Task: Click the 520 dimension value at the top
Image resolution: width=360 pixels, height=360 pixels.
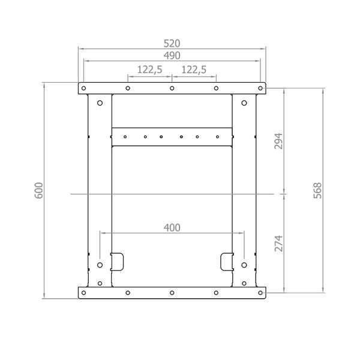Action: click(172, 43)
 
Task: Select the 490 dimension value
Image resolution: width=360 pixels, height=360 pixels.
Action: click(172, 56)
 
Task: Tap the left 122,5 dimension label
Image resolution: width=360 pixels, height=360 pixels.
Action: click(149, 70)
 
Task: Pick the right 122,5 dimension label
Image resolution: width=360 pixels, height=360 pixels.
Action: click(194, 70)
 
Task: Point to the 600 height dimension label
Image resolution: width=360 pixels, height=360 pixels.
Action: click(39, 190)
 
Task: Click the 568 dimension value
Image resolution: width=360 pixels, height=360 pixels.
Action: click(318, 190)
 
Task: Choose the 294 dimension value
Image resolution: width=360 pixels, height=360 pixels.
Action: click(278, 141)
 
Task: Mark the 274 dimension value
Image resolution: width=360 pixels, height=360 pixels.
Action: click(278, 243)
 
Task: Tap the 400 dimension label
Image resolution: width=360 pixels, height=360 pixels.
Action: click(172, 228)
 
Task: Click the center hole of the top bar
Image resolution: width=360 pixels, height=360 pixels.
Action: click(172, 88)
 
